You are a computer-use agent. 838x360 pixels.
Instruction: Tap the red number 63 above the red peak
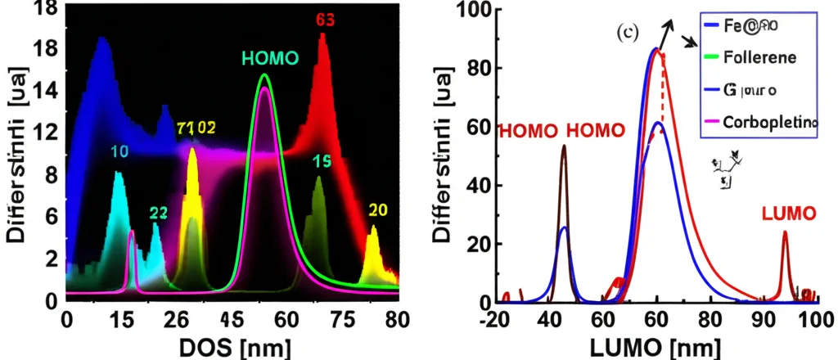(325, 20)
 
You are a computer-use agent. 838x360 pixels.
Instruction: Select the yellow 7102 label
(196, 128)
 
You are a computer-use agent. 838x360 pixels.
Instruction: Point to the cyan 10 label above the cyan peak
(119, 152)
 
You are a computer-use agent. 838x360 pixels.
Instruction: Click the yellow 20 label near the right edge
(377, 209)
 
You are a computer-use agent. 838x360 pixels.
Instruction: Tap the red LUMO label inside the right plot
(789, 214)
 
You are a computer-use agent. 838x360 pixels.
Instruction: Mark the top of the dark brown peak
(563, 146)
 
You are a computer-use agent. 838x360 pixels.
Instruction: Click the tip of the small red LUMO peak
(785, 232)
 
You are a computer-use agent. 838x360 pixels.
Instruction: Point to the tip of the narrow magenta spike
(133, 232)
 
